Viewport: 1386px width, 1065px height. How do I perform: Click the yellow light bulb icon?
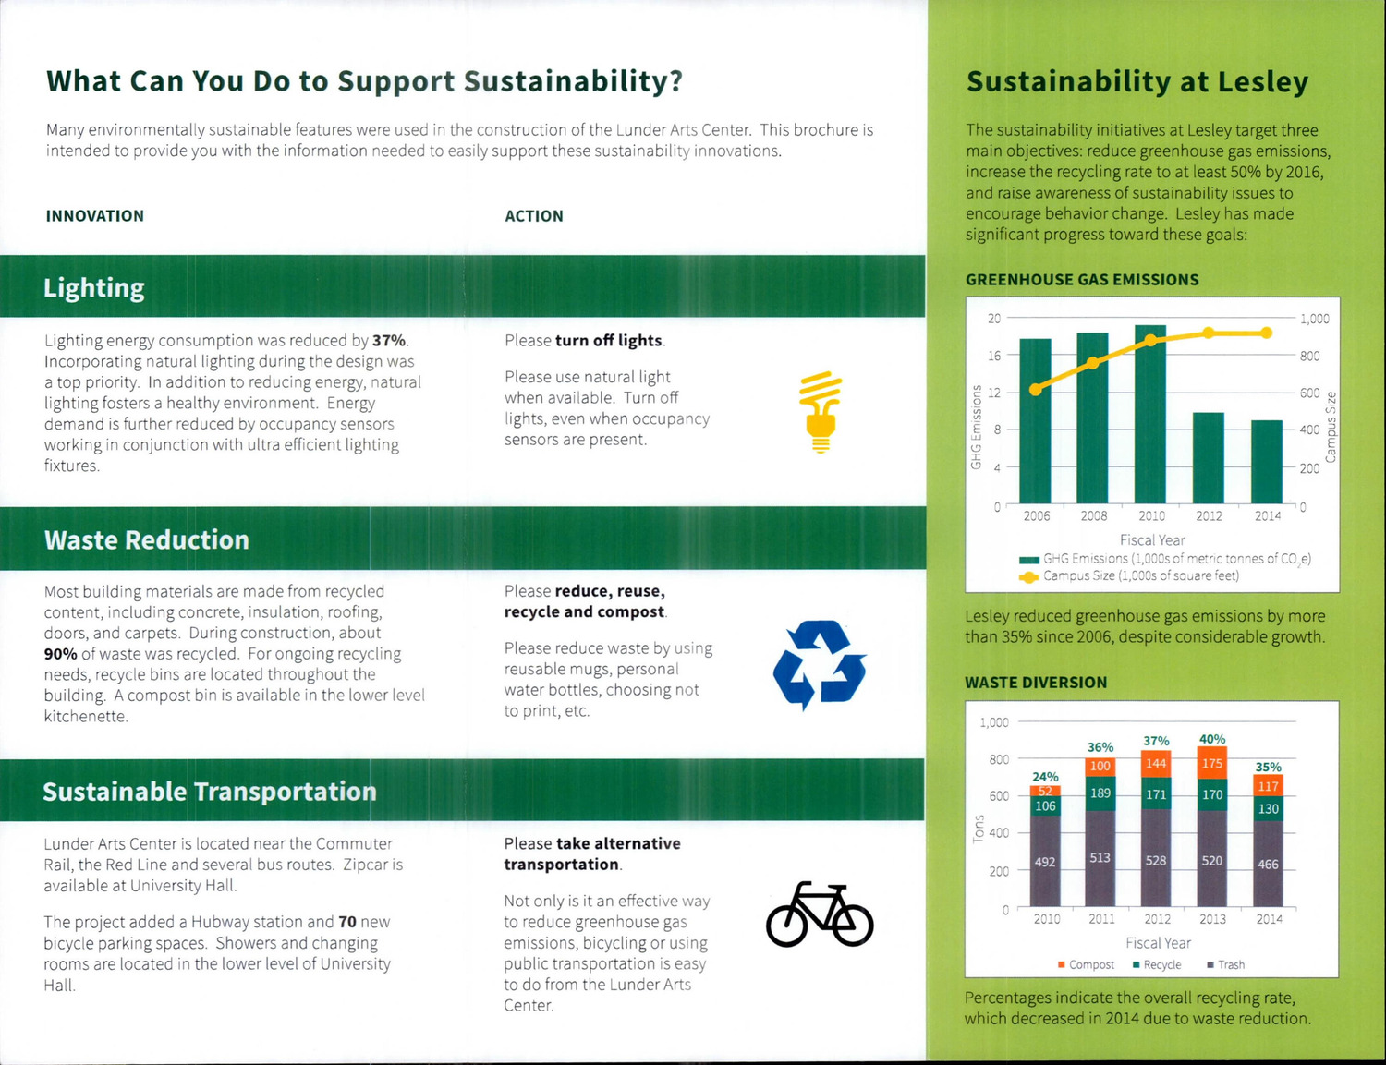(820, 412)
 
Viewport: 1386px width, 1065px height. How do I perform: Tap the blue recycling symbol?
(820, 664)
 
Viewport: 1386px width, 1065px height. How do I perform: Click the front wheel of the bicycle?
(850, 922)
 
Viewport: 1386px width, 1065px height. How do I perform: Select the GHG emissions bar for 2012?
(1208, 458)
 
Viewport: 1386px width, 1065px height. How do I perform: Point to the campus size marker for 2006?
(1036, 390)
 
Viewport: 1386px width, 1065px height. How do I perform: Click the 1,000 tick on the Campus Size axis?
(1314, 319)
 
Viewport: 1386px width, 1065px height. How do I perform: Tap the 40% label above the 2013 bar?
(1211, 739)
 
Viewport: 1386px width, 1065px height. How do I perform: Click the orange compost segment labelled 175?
(1211, 763)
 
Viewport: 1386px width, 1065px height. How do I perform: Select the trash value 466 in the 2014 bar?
(1268, 865)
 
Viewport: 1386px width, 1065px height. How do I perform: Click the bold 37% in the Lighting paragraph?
(388, 341)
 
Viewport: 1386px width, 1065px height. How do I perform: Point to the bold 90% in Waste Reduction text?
(60, 654)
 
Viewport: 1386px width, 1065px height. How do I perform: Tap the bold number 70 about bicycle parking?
(347, 922)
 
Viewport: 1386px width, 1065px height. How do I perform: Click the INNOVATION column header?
(95, 216)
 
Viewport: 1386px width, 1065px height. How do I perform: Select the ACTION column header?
(534, 216)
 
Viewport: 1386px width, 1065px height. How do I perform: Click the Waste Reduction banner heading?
(147, 540)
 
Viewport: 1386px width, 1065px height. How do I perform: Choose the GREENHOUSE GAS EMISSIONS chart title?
(1082, 280)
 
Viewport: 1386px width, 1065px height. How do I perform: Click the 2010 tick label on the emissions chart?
(1151, 516)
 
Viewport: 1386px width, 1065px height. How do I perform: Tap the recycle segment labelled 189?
(1100, 793)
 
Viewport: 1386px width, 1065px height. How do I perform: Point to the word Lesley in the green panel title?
(1262, 82)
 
